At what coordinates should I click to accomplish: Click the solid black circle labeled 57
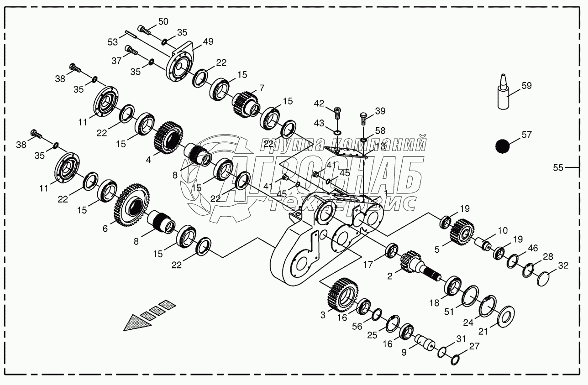pyautogui.click(x=502, y=146)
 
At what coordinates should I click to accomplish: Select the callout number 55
pyautogui.click(x=558, y=167)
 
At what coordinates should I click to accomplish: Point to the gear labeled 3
pyautogui.click(x=342, y=296)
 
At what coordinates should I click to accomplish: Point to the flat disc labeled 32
pyautogui.click(x=543, y=278)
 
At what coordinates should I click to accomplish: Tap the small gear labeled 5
pyautogui.click(x=463, y=230)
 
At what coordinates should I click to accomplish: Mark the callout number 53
pyautogui.click(x=113, y=42)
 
